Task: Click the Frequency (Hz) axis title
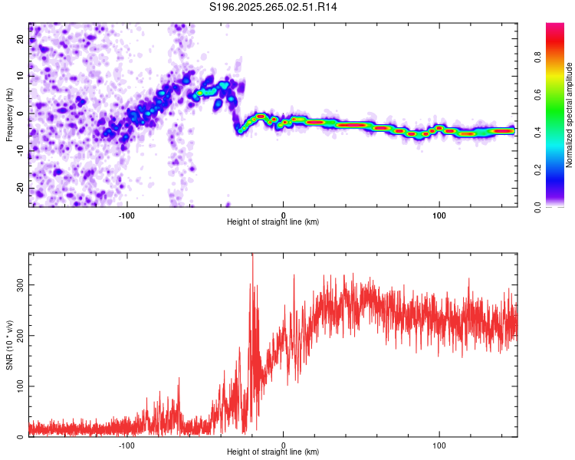(x=9, y=115)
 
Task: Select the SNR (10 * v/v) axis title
(x=9, y=345)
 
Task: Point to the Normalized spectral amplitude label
(x=570, y=115)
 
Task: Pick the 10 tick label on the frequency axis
(x=21, y=76)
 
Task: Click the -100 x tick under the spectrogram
(x=127, y=214)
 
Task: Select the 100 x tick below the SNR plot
(x=440, y=445)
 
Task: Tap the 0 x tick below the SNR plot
(x=284, y=445)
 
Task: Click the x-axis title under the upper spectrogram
(x=273, y=222)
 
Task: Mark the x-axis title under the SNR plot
(x=273, y=452)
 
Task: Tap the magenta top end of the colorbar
(x=555, y=27)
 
